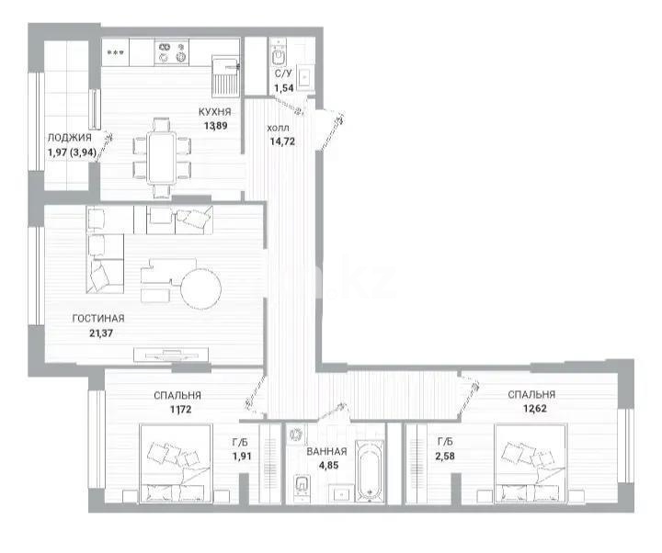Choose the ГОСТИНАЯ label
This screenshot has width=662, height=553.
click(98, 319)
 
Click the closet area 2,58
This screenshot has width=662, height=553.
click(444, 455)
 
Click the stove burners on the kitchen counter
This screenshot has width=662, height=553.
click(166, 52)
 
